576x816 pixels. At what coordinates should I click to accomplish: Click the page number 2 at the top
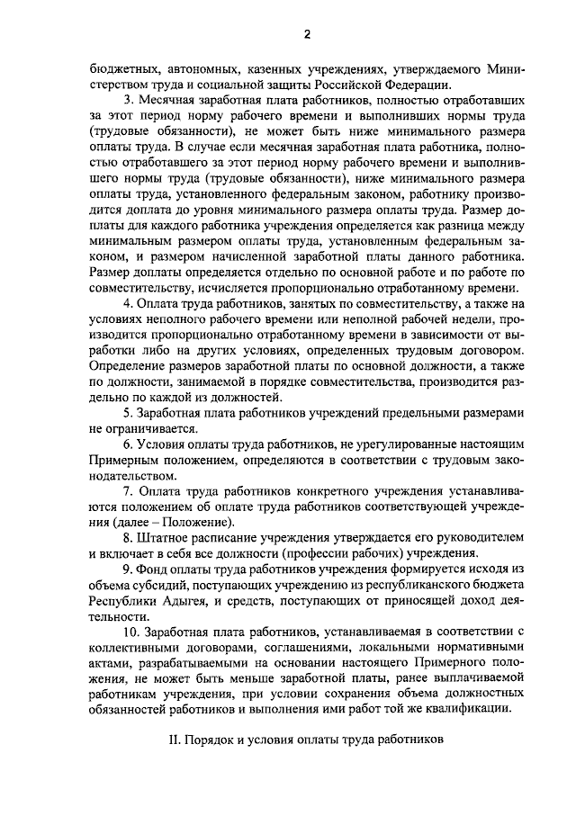(306, 34)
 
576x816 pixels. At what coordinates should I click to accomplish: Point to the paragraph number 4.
(128, 303)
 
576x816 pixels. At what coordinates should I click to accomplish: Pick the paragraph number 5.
(128, 413)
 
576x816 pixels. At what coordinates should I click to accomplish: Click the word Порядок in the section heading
(211, 742)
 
